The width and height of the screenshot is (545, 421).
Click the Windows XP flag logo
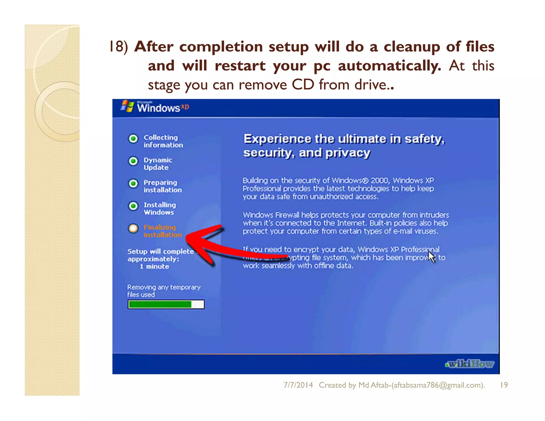click(x=127, y=106)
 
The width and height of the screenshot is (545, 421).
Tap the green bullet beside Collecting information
click(x=133, y=138)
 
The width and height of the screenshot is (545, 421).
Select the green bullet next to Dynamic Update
click(x=133, y=161)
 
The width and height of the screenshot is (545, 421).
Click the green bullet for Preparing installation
click(x=133, y=183)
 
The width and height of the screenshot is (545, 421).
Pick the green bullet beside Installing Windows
click(x=133, y=206)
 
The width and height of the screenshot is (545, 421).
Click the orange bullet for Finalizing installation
click(x=133, y=228)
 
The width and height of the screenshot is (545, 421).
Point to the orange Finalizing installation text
click(x=162, y=231)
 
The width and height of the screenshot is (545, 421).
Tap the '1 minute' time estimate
click(x=155, y=266)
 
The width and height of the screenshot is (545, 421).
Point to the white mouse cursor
click(x=431, y=257)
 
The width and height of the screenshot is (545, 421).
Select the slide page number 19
click(x=504, y=385)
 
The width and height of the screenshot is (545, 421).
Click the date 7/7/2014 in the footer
click(x=298, y=385)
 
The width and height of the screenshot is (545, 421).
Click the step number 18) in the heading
click(x=119, y=46)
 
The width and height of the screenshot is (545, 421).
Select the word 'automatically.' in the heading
click(x=389, y=66)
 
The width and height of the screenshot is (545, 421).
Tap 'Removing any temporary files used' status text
click(x=163, y=291)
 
